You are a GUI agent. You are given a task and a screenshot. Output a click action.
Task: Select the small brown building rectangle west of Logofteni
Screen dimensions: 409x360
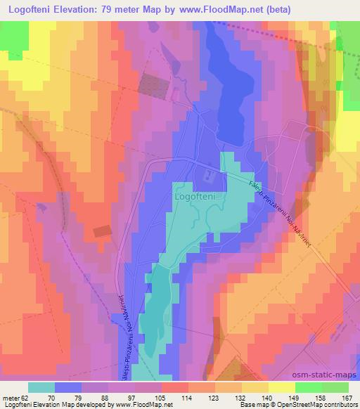[101, 231]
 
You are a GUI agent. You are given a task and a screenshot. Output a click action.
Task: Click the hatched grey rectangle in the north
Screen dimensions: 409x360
[151, 84]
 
